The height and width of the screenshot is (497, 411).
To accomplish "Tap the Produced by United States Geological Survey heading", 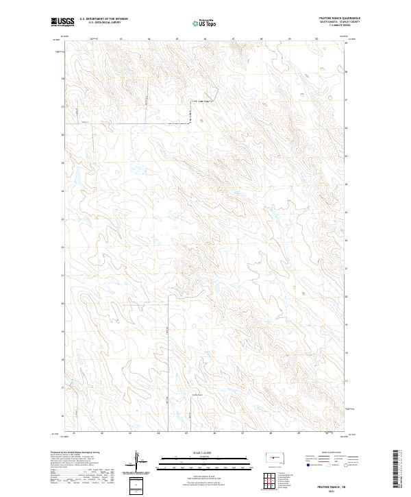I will pyautogui.click(x=76, y=453).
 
